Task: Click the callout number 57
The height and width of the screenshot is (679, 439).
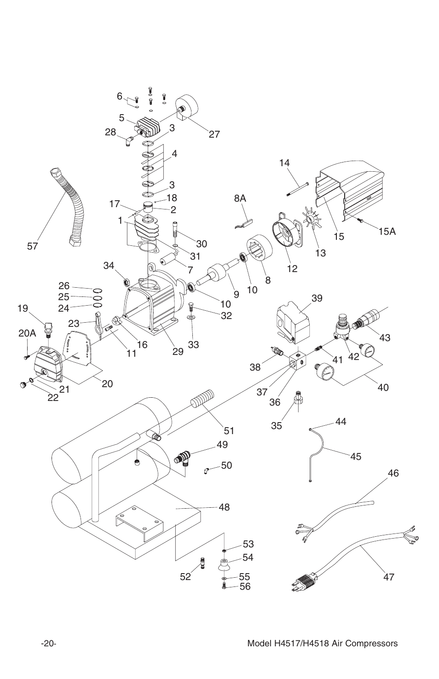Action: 32,246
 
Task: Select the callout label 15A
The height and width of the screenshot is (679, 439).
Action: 387,232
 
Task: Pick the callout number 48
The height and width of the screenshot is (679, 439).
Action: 224,507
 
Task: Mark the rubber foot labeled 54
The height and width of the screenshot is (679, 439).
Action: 224,564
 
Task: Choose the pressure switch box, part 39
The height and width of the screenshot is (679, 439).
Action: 294,321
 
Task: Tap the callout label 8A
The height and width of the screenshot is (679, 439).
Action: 240,198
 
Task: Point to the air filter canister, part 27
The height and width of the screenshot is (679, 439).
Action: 189,109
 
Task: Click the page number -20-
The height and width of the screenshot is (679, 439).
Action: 48,644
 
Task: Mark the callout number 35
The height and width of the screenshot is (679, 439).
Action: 276,425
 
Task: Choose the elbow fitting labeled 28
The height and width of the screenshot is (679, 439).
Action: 130,139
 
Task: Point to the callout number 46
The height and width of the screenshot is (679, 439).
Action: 393,473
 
